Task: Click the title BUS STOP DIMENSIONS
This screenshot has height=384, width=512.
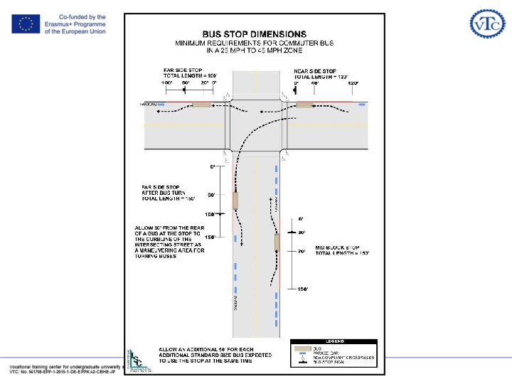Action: coord(254,33)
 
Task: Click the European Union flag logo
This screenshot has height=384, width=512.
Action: coord(26,24)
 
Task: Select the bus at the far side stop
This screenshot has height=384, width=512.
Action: coord(201,105)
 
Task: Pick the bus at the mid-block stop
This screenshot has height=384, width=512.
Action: coord(277,242)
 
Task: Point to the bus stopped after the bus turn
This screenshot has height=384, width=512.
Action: coord(235,201)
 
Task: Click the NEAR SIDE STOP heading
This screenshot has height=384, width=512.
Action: coord(315,71)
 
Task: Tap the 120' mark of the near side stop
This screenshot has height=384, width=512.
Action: coord(351,84)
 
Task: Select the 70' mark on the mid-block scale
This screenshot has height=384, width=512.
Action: coord(302,251)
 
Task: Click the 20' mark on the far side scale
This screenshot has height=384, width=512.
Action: coord(203,84)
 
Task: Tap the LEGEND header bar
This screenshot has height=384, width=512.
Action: coord(334,342)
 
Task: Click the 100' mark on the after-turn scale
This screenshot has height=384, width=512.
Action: coord(210,213)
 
